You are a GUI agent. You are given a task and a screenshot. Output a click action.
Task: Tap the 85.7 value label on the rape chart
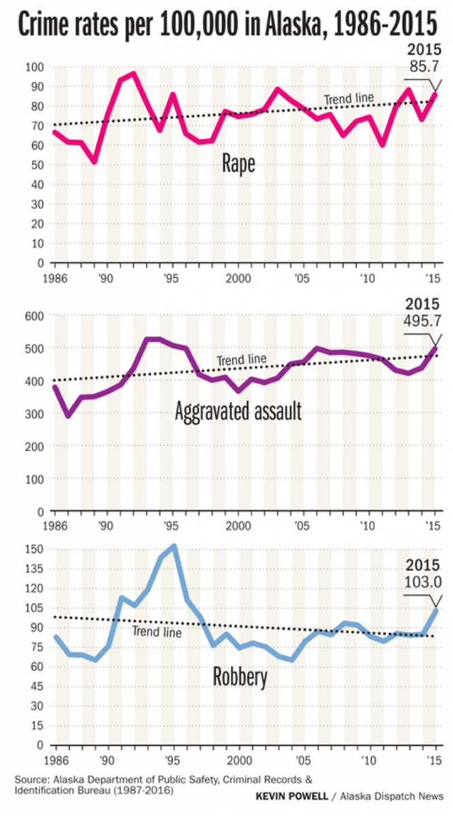tap(423, 67)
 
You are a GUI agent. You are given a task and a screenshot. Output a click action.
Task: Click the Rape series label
tap(239, 164)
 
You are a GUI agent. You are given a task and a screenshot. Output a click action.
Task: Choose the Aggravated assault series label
tap(237, 411)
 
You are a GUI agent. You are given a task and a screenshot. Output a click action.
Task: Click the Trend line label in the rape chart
tap(348, 99)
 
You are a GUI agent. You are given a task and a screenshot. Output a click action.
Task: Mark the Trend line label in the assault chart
tap(241, 360)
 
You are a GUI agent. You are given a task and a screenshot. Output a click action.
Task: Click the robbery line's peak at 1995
tap(174, 546)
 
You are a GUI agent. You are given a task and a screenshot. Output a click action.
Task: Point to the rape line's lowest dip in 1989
tap(95, 162)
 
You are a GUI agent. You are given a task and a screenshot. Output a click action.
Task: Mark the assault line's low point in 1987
tap(68, 415)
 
